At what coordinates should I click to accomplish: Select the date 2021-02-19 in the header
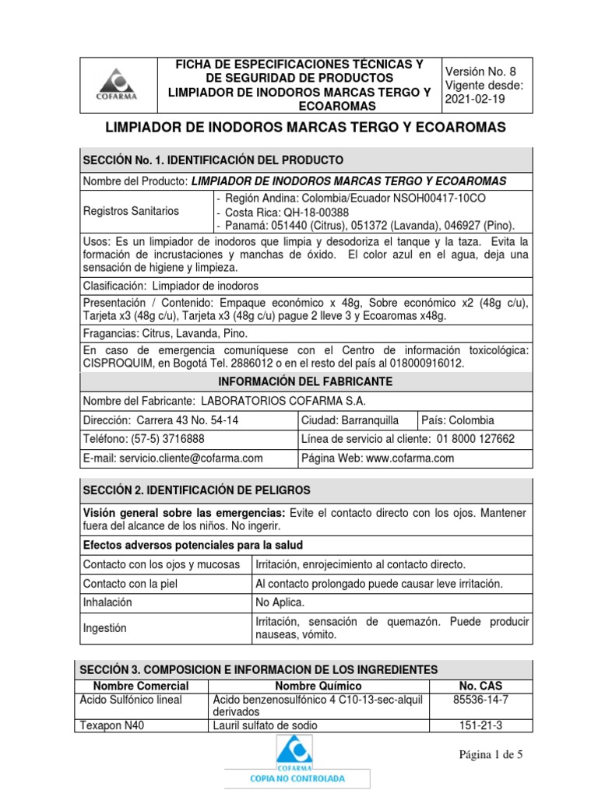tap(476, 100)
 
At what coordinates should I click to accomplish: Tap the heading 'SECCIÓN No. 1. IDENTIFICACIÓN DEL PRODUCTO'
tap(213, 160)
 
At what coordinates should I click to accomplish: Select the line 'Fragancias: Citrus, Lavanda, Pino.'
tap(165, 333)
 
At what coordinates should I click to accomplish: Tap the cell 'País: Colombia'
tap(458, 420)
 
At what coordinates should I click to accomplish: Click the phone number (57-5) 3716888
tap(160, 439)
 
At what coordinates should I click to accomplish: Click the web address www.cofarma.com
tap(410, 458)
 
